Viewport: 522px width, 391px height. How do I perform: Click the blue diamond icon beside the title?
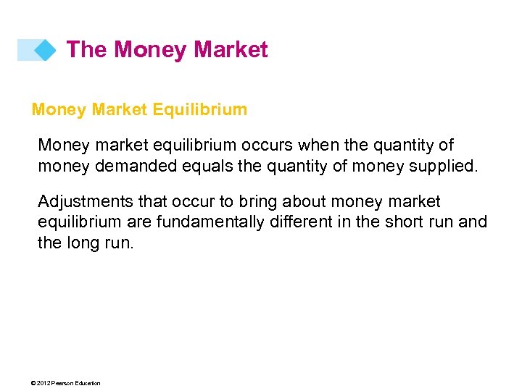click(46, 50)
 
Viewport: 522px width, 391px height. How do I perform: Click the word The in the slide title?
click(86, 49)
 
